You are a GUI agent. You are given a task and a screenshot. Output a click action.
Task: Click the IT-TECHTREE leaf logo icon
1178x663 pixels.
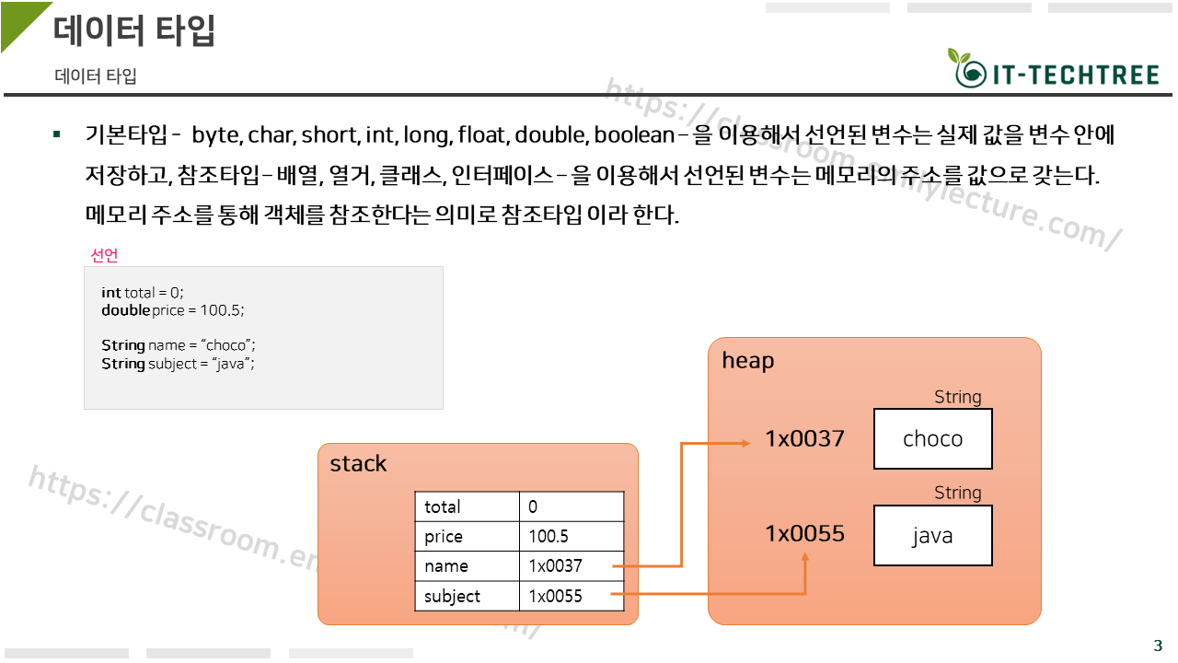(965, 68)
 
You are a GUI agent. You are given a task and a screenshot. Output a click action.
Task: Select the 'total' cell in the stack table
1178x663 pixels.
(467, 506)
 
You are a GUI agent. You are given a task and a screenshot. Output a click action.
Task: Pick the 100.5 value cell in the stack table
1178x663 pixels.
(572, 537)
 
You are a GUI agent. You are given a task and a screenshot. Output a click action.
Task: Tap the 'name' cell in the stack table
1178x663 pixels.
(467, 566)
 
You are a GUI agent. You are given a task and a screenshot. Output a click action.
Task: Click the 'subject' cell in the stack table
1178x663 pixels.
(467, 596)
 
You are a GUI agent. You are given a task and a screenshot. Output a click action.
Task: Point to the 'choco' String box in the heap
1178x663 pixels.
(932, 439)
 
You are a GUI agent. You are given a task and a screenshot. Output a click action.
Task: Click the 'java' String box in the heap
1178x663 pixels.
(932, 535)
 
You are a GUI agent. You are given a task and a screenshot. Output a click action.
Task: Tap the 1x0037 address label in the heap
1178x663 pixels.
(804, 439)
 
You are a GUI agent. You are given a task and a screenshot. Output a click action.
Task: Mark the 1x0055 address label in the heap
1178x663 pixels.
(804, 534)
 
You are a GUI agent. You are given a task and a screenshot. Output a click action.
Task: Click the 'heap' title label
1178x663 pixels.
(747, 361)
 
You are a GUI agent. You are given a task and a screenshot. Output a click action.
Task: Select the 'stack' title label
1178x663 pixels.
(358, 464)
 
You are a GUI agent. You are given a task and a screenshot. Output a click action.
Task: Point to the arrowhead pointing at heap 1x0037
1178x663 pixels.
(745, 443)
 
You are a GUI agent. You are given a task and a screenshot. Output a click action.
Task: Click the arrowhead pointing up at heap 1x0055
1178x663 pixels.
(805, 558)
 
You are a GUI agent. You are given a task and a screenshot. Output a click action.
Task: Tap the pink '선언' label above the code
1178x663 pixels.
(104, 255)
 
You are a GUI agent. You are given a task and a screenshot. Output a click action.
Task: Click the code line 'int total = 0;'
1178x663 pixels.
(143, 293)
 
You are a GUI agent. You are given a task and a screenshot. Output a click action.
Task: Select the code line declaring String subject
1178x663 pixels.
(178, 364)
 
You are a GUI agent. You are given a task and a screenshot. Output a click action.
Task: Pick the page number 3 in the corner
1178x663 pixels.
(1158, 646)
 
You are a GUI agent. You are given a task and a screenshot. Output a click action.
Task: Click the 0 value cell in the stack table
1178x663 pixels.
(572, 506)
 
